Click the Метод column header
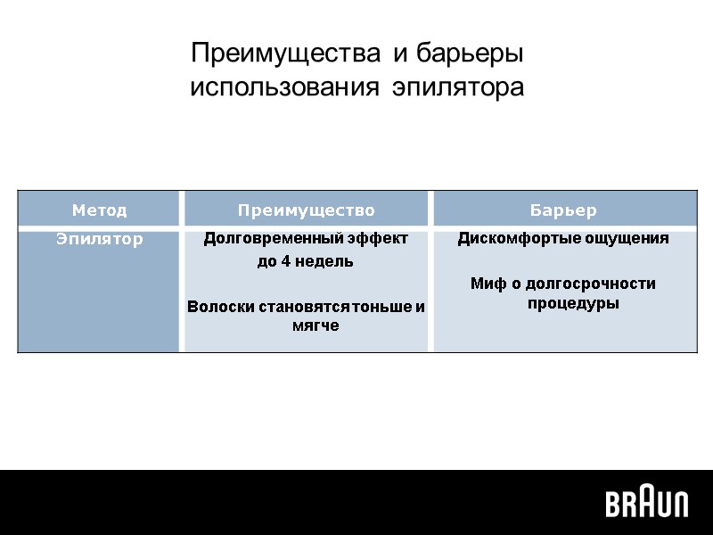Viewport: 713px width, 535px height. (99, 210)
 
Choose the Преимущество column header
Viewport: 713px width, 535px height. (306, 210)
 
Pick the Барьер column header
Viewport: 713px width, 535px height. (563, 210)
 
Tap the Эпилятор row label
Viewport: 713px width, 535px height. (99, 239)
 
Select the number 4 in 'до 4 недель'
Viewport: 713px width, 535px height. (288, 262)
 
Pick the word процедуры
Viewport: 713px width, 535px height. (563, 304)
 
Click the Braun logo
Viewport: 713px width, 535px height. (647, 504)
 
